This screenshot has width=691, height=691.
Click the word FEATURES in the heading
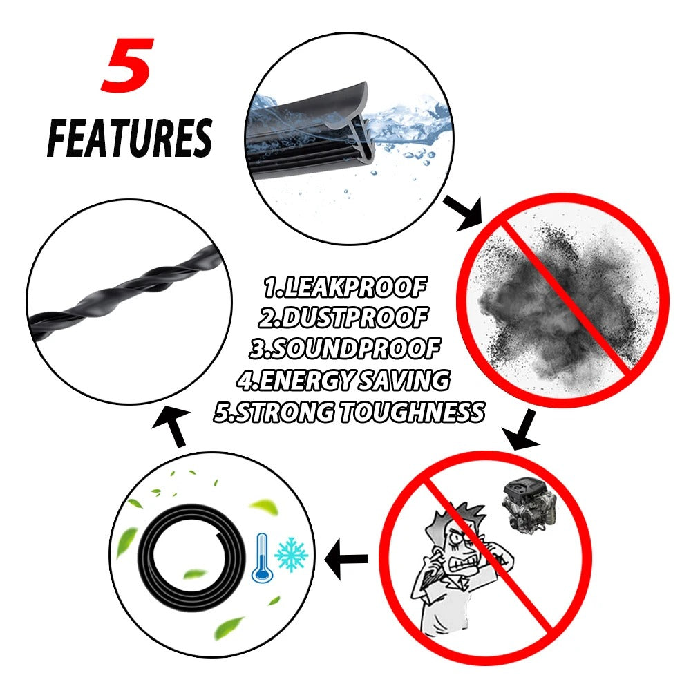[129, 138]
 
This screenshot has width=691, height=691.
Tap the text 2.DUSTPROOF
[343, 318]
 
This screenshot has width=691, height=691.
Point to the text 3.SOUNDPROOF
[345, 349]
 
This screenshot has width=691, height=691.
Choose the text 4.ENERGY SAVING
[343, 380]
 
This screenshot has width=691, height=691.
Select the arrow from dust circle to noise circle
[522, 430]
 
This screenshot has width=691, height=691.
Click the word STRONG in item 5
[276, 412]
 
